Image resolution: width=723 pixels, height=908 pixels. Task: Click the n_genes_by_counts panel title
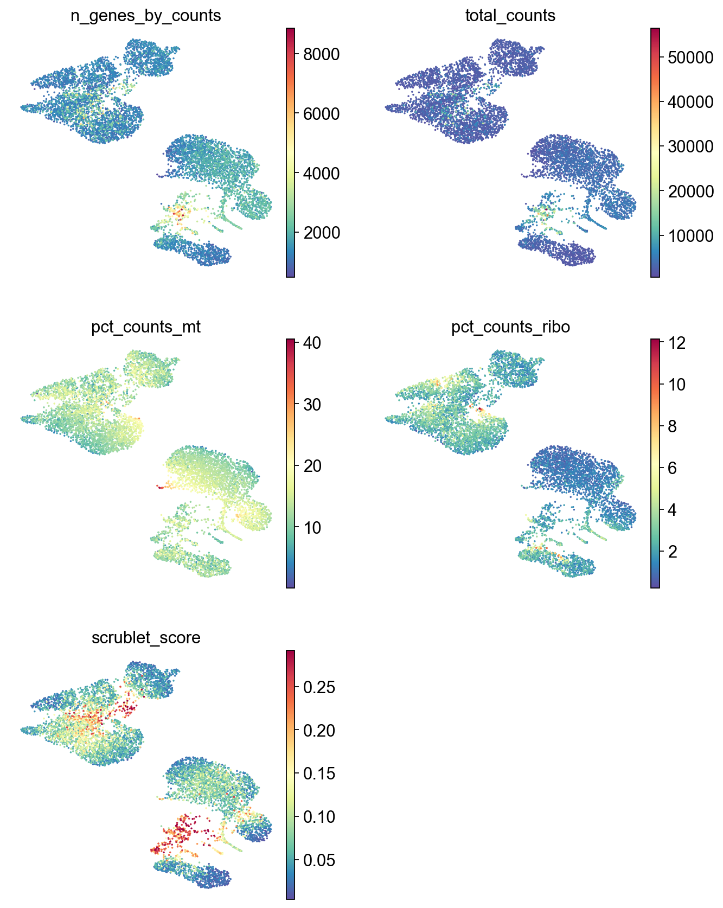pyautogui.click(x=145, y=16)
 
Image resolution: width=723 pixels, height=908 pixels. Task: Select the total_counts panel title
pyautogui.click(x=510, y=16)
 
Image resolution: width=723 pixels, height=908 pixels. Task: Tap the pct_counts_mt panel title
pyautogui.click(x=146, y=327)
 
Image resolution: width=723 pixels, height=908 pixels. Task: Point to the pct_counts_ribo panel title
pyautogui.click(x=510, y=327)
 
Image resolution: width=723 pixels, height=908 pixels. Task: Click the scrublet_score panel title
pyautogui.click(x=146, y=637)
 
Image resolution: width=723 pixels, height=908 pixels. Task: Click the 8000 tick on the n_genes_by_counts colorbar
pyautogui.click(x=321, y=54)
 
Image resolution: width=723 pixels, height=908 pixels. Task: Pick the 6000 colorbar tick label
pyautogui.click(x=321, y=114)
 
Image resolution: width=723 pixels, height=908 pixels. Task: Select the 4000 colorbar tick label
pyautogui.click(x=321, y=174)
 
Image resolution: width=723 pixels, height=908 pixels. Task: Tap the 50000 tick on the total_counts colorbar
pyautogui.click(x=690, y=57)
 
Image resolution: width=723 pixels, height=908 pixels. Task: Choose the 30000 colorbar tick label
pyautogui.click(x=690, y=146)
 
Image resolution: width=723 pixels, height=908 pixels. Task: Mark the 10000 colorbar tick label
pyautogui.click(x=690, y=236)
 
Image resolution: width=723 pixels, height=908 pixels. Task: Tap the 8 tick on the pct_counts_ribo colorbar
pyautogui.click(x=673, y=426)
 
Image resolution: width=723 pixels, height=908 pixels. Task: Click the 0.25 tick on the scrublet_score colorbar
pyautogui.click(x=319, y=687)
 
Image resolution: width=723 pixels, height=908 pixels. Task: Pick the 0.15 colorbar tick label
pyautogui.click(x=319, y=773)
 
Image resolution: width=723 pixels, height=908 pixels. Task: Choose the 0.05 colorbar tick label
pyautogui.click(x=319, y=860)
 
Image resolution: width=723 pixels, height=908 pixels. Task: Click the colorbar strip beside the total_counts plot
pyautogui.click(x=655, y=152)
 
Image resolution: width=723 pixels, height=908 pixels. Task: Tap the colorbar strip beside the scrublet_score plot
pyautogui.click(x=291, y=775)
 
